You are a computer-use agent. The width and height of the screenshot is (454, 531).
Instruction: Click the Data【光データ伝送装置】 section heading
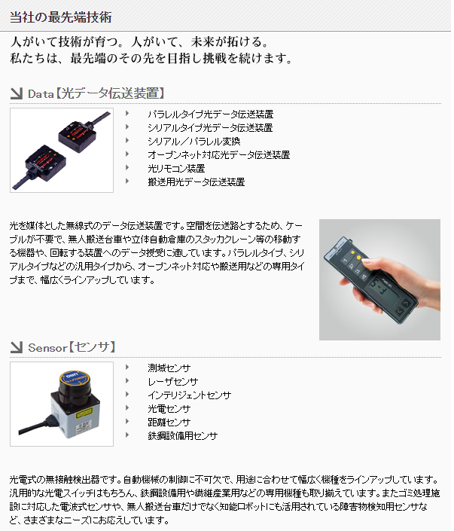coord(96,93)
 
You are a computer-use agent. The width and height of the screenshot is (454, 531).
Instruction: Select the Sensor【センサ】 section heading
coord(72,347)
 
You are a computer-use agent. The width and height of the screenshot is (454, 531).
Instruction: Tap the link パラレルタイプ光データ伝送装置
coord(210,114)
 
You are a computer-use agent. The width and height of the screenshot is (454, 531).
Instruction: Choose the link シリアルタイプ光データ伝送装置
coord(210,128)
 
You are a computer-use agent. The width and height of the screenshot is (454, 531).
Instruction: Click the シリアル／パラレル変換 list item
coord(193,142)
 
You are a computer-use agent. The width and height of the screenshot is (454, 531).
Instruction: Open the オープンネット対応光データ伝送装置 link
coord(218,155)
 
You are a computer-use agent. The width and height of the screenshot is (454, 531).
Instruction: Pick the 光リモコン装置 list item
coord(176,169)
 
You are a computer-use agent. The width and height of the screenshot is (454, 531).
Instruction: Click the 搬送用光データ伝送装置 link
coord(196,182)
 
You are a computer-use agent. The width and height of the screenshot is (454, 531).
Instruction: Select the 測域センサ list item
coord(169,368)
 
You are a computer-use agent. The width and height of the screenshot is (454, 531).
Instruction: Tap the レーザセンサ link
coord(172,382)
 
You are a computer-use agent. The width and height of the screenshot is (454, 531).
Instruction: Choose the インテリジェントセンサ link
coord(189,395)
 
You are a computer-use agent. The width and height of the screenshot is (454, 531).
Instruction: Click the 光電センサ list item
coord(169,409)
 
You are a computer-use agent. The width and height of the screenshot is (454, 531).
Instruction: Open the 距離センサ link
coord(169,423)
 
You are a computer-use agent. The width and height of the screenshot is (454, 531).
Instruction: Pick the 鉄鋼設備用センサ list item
coord(182,436)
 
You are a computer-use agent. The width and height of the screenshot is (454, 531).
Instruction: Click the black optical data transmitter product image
coord(62,149)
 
